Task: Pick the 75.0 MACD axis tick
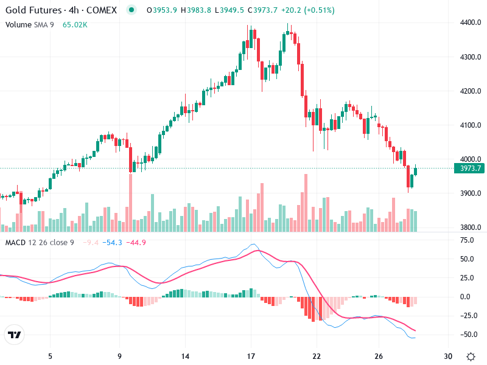click(467, 240)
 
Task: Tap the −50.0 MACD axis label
click(466, 335)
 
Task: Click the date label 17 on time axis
click(251, 356)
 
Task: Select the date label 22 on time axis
click(316, 356)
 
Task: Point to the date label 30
click(449, 356)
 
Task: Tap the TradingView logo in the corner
click(14, 335)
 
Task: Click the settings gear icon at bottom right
click(471, 356)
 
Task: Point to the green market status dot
click(132, 10)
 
